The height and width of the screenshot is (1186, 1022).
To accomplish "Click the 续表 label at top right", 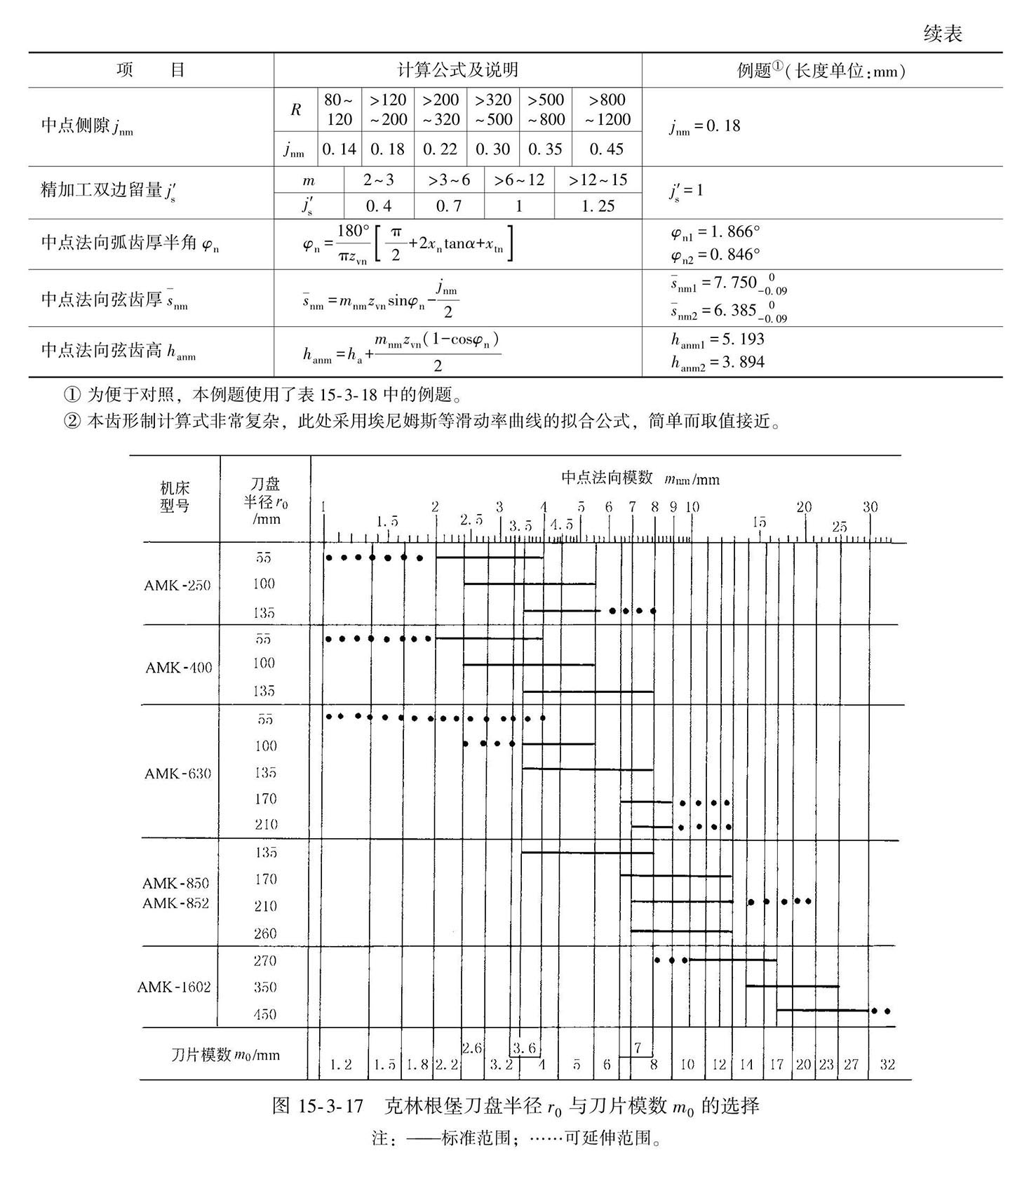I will [x=942, y=34].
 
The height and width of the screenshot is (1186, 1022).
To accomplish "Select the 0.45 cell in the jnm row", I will [x=606, y=149].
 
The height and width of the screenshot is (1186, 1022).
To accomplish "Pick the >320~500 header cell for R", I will [x=493, y=109].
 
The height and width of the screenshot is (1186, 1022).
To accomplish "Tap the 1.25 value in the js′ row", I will [x=597, y=205].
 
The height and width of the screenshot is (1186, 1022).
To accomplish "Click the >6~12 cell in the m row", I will [x=518, y=180].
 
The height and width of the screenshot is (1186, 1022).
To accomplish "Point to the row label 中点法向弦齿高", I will [x=118, y=350].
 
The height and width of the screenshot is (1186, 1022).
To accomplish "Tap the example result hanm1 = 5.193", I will [x=717, y=339].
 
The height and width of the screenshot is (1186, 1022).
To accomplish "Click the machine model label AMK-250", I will [x=177, y=585].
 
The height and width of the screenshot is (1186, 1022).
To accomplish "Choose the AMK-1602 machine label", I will [x=173, y=987].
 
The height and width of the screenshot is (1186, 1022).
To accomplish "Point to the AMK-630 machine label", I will [x=177, y=774].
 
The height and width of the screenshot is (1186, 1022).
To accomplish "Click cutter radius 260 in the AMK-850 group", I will [x=265, y=934].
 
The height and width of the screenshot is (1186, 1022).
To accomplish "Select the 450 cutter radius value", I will [x=265, y=1014].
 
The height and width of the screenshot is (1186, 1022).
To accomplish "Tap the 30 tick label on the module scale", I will [x=869, y=507].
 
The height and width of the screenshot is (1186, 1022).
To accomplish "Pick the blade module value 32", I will [x=887, y=1065].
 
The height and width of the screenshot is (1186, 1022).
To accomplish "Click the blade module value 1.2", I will [x=340, y=1065].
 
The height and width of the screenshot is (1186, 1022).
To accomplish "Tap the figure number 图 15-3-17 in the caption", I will [x=318, y=1107].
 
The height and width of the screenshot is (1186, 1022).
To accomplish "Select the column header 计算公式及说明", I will [x=457, y=70].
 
